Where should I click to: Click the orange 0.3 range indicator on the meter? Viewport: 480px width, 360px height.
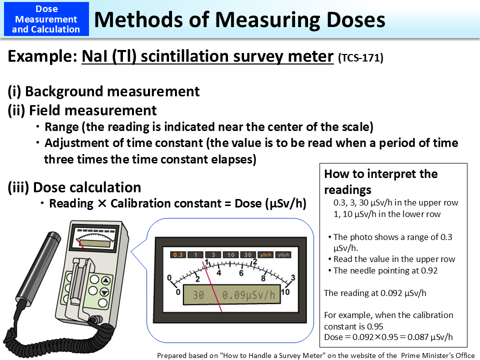178,255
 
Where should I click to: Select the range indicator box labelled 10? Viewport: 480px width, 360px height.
230,255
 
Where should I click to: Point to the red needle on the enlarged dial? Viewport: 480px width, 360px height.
212,280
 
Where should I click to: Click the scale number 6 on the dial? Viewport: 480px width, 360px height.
241,273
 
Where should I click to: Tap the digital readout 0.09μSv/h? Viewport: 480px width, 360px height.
248,295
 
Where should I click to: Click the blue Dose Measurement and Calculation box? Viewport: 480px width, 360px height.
46,19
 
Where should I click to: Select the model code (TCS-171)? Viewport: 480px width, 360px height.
360,58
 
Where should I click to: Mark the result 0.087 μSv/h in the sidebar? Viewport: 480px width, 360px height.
427,337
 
